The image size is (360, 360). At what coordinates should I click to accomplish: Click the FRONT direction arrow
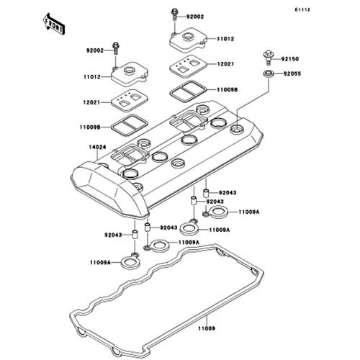click(53, 24)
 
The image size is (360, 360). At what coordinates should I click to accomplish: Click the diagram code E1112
click(302, 10)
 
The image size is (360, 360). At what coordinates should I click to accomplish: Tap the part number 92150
click(290, 59)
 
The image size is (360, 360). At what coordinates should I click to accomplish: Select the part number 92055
click(292, 73)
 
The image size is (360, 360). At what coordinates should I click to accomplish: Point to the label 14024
click(97, 147)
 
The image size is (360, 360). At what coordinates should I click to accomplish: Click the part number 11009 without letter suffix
click(207, 328)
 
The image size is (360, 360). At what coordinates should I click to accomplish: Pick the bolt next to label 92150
click(269, 58)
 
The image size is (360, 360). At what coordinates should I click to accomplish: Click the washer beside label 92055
click(269, 73)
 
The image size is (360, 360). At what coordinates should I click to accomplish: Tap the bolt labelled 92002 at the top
click(175, 14)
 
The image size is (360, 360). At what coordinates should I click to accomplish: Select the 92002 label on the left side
click(95, 50)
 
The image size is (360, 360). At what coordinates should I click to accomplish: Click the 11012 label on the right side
click(225, 39)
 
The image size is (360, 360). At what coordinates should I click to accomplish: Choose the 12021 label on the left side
click(91, 102)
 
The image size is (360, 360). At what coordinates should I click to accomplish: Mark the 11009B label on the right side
click(228, 90)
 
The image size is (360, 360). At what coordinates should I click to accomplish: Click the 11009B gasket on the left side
click(130, 125)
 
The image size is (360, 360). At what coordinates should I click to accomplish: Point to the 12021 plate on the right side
click(188, 66)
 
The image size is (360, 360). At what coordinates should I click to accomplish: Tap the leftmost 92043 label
click(113, 235)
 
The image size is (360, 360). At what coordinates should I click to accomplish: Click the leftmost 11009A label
click(100, 263)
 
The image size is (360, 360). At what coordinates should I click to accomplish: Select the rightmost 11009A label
click(249, 212)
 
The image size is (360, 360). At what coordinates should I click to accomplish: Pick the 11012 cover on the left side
click(130, 74)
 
